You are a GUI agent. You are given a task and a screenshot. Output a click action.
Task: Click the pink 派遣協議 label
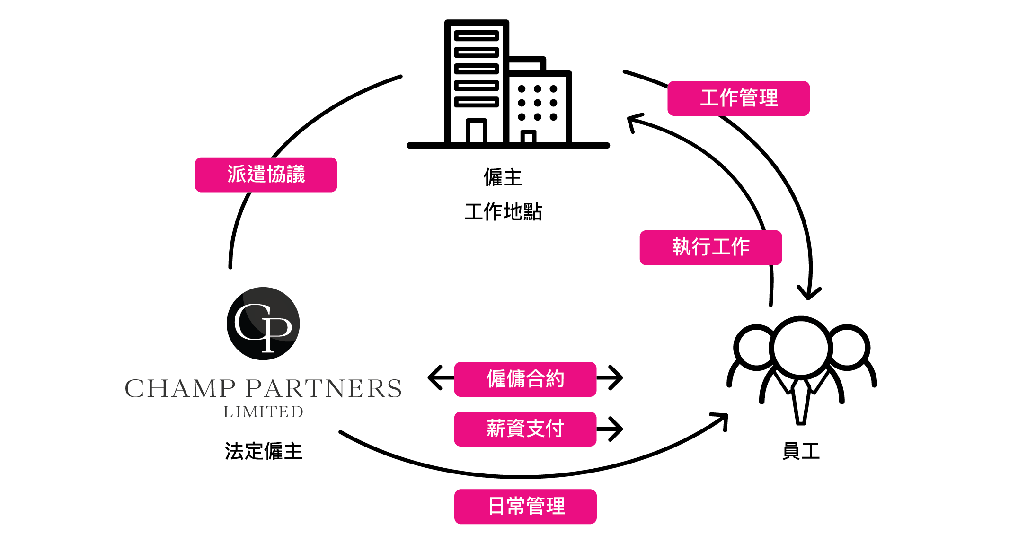[266, 175]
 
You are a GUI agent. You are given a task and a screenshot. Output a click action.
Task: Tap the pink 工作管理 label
[738, 98]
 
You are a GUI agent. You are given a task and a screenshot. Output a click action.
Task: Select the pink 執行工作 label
[710, 247]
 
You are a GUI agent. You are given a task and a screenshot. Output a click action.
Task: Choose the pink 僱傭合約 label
[525, 379]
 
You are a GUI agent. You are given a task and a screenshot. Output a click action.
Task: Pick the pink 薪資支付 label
[525, 429]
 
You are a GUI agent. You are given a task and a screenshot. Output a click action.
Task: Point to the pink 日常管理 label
[525, 507]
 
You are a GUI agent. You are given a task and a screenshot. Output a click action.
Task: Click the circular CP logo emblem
[263, 324]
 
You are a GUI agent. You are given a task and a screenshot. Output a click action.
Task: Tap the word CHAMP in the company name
[180, 389]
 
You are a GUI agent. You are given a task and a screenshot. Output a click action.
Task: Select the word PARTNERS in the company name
[324, 389]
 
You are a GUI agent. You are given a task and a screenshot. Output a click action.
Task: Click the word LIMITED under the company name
[263, 412]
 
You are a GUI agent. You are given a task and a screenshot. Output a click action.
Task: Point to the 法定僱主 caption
[263, 451]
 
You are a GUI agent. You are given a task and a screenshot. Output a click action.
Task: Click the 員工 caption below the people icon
[801, 451]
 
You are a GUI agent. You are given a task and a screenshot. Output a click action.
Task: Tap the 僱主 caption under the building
[503, 178]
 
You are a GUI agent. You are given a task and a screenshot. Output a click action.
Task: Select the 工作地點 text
[503, 211]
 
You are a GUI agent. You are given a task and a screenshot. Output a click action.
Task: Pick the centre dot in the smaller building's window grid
[537, 103]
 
